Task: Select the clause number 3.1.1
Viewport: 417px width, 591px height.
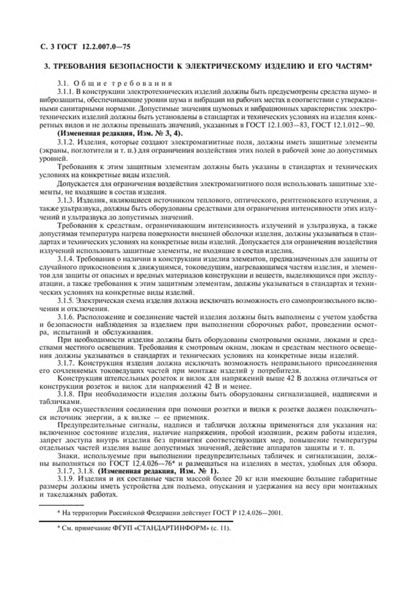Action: tap(65, 92)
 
